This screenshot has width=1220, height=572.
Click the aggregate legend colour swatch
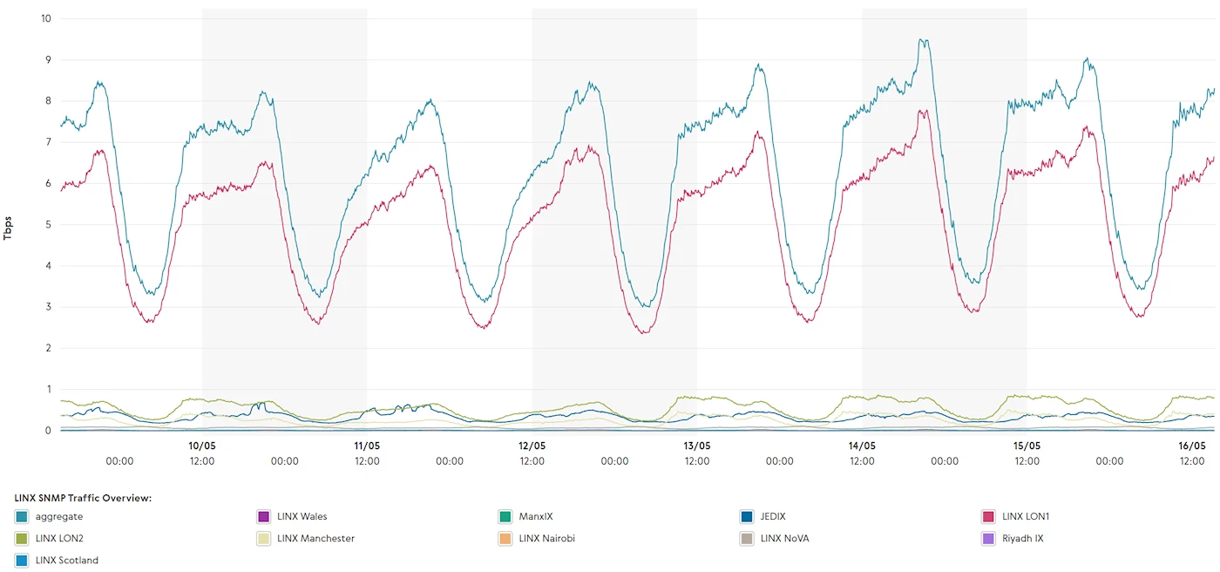tap(22, 516)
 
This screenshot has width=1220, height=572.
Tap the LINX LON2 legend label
tap(59, 538)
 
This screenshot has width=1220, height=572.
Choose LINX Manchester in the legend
tap(315, 538)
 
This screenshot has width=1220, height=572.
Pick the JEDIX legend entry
tap(772, 516)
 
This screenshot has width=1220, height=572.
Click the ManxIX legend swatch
tap(505, 516)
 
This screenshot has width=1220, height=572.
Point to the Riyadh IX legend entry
tap(1022, 538)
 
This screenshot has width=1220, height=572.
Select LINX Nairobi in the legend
tap(546, 538)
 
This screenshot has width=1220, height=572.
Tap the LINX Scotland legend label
tap(67, 560)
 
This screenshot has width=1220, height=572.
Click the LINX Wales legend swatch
tap(264, 516)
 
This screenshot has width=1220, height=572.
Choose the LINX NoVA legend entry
tap(784, 538)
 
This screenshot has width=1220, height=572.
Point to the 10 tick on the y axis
tap(45, 18)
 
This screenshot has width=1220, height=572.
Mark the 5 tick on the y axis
tap(48, 224)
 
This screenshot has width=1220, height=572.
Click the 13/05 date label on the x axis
tap(697, 446)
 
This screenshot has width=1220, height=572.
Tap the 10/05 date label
tap(202, 446)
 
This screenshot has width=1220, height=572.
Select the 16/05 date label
tap(1192, 446)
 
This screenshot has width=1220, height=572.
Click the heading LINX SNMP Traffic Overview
tap(84, 498)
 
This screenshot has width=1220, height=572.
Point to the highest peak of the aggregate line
tap(923, 39)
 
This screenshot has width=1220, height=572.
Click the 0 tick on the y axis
tap(48, 431)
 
